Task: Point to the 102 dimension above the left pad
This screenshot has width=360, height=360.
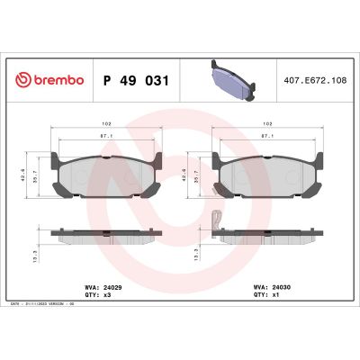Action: (x=107, y=125)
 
